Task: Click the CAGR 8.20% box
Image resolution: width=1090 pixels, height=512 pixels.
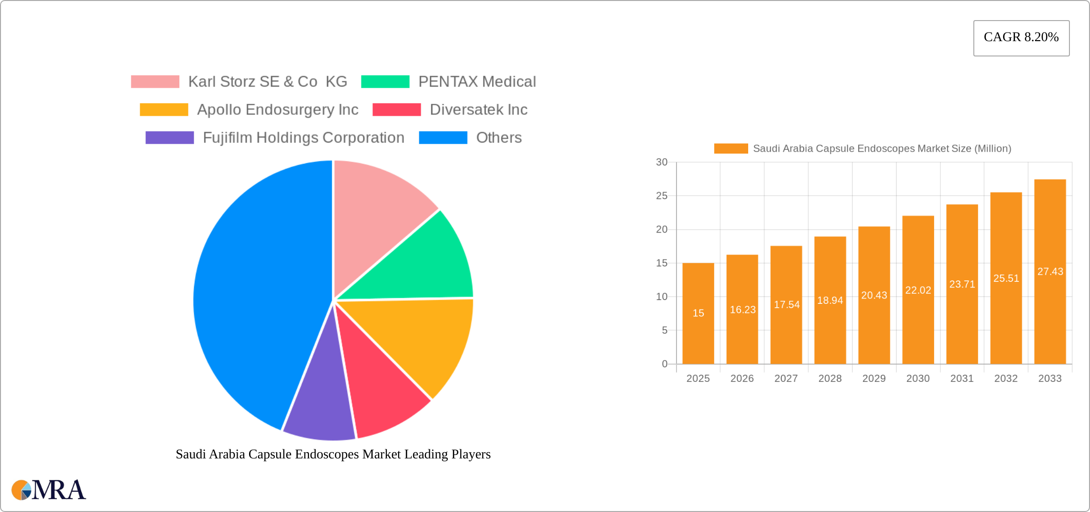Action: pyautogui.click(x=1021, y=38)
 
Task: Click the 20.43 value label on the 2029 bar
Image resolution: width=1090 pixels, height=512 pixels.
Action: pyautogui.click(x=874, y=295)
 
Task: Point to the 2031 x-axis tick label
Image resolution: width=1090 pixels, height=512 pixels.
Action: pyautogui.click(x=962, y=378)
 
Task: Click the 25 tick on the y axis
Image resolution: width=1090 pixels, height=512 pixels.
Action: pyautogui.click(x=662, y=196)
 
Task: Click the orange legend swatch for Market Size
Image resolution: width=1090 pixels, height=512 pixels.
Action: pyautogui.click(x=730, y=149)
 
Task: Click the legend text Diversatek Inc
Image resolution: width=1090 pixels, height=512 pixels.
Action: pyautogui.click(x=478, y=110)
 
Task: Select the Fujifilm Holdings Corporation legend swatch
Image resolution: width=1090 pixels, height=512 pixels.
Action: pyautogui.click(x=170, y=138)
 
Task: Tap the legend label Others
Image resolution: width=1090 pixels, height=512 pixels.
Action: pyautogui.click(x=499, y=138)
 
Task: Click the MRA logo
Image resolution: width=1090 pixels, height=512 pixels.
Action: pyautogui.click(x=49, y=490)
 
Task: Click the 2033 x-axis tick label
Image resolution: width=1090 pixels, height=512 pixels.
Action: pyautogui.click(x=1050, y=378)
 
